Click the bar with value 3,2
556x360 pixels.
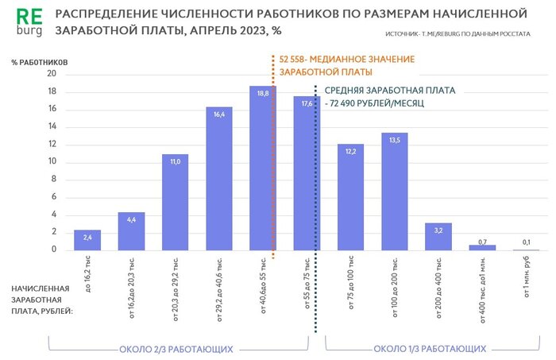(438, 237)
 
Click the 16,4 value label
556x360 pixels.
(218, 114)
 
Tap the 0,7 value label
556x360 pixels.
(482, 241)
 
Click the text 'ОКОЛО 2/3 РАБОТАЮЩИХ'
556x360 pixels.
(176, 349)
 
